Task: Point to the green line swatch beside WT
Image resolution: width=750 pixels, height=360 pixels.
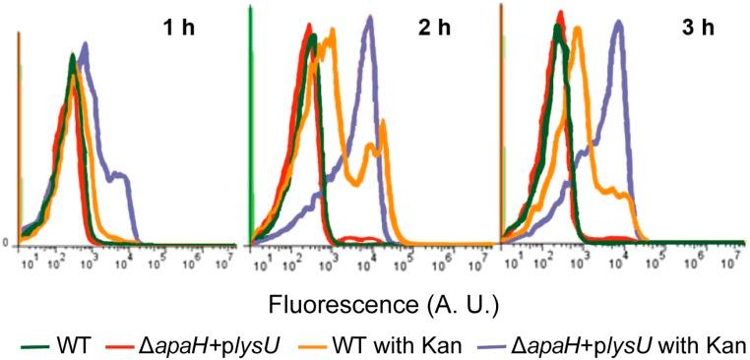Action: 37,345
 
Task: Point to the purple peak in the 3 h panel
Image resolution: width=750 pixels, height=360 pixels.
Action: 619,24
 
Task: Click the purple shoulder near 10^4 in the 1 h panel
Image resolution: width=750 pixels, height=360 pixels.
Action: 119,175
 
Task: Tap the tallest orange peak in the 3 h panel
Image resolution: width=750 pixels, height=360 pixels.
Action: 579,29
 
